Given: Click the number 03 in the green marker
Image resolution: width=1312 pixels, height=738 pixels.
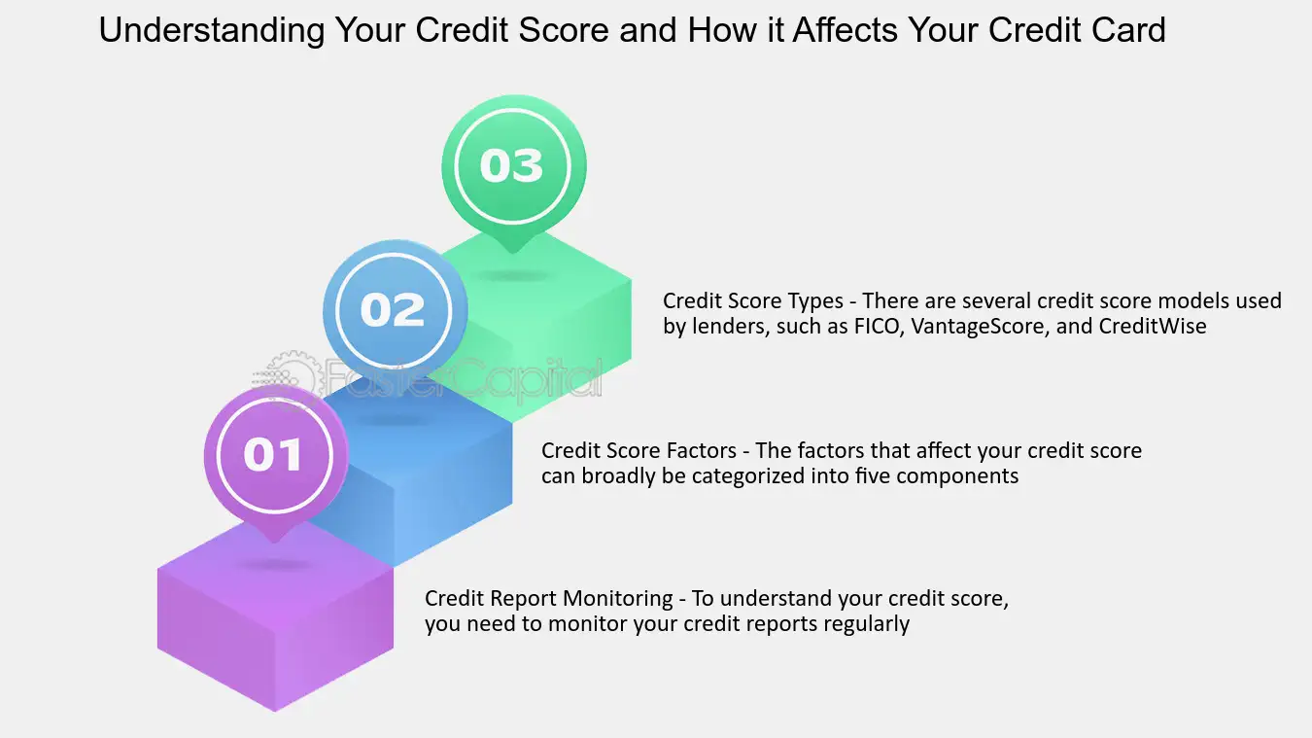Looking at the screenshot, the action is click(511, 165).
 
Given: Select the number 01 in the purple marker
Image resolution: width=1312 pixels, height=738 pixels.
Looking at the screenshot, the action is click(273, 454).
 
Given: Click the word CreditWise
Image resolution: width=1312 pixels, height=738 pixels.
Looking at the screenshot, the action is click(1153, 326).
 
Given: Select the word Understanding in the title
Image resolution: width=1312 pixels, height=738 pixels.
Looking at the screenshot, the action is click(212, 30).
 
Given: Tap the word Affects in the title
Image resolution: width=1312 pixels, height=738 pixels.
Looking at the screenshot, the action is click(846, 29).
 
